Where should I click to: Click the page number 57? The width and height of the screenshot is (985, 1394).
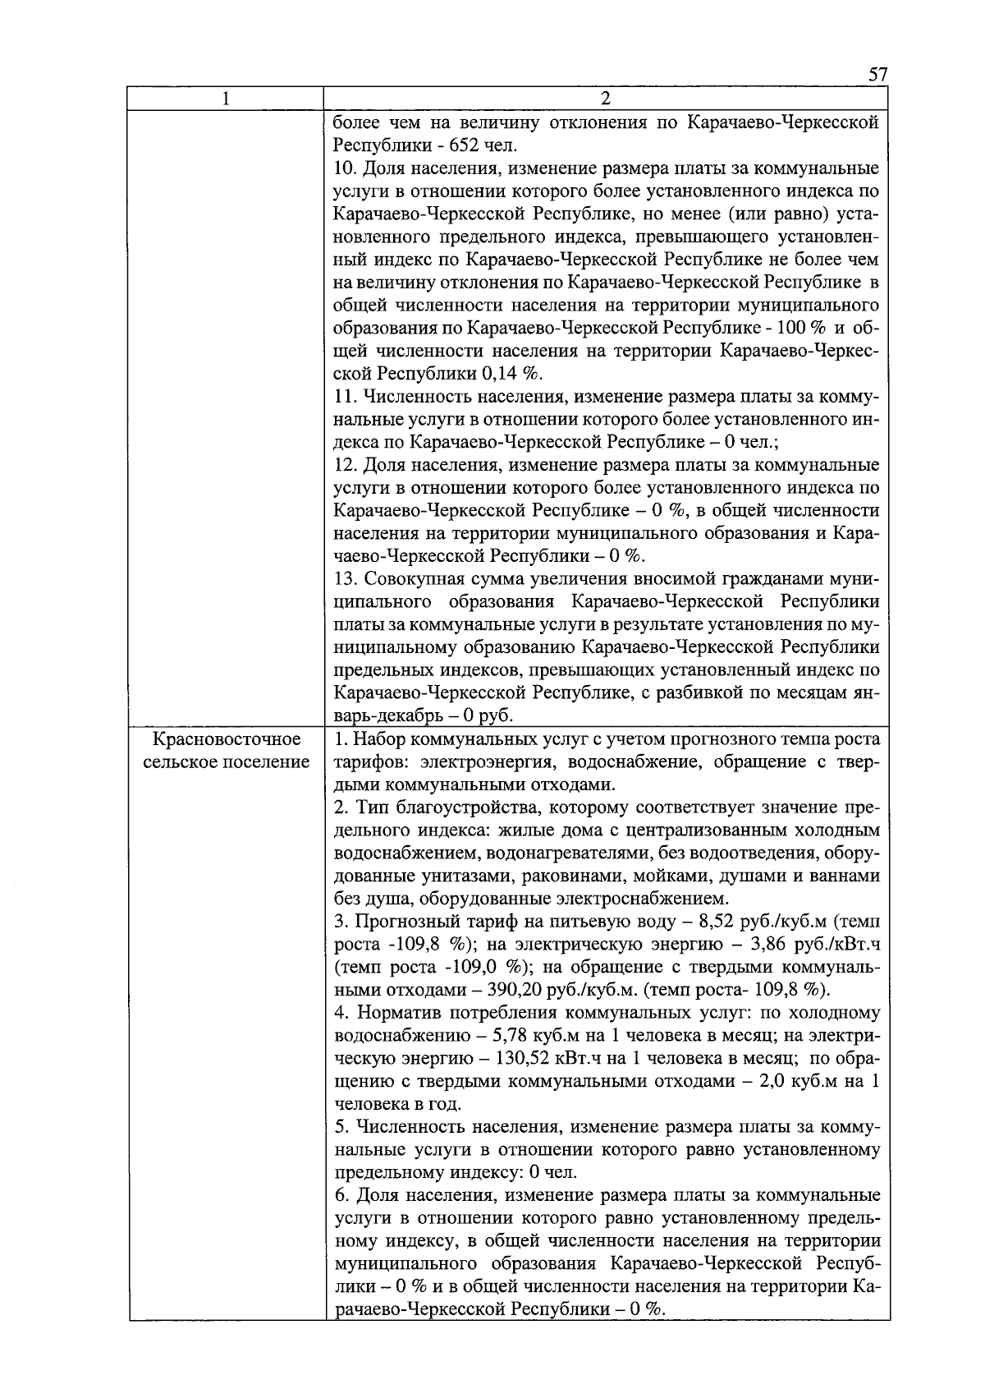877,75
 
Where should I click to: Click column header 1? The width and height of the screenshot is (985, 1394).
226,99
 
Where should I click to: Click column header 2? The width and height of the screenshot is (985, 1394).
605,99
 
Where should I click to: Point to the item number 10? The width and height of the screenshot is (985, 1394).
345,169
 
